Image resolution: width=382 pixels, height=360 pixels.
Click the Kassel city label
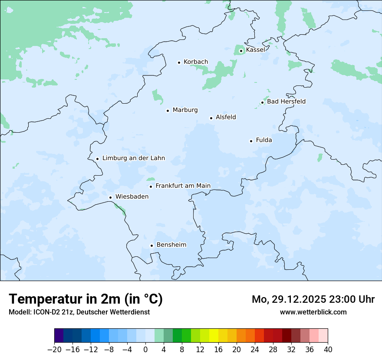(x=255, y=50)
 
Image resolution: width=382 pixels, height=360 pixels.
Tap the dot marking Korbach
(x=179, y=62)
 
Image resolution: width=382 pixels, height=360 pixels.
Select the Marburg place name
(x=185, y=110)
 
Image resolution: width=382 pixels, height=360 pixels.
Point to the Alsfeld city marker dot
(x=211, y=118)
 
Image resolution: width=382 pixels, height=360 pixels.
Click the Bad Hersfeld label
(x=286, y=101)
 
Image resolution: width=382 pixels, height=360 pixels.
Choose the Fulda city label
(x=264, y=140)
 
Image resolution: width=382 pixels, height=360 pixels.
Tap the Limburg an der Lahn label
(x=133, y=158)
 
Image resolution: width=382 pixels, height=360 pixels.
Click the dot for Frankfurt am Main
(x=151, y=187)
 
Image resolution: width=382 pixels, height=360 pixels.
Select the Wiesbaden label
(x=132, y=196)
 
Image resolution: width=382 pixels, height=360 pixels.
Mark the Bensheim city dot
(x=151, y=245)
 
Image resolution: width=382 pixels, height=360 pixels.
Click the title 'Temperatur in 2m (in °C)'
(x=86, y=299)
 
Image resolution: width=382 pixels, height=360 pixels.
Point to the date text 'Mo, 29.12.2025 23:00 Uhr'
(x=313, y=299)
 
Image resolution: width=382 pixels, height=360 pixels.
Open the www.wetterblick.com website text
(x=313, y=312)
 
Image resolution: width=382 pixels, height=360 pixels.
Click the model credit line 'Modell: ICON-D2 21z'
(x=79, y=312)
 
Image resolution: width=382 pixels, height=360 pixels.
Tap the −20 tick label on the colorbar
(x=55, y=350)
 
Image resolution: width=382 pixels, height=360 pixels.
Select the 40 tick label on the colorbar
(x=328, y=350)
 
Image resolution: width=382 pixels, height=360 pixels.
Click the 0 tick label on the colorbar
(x=145, y=350)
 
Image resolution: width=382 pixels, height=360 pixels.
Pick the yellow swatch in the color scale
(x=214, y=336)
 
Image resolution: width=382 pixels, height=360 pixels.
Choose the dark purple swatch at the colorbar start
(x=59, y=336)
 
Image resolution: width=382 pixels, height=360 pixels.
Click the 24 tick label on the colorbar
(x=255, y=350)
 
